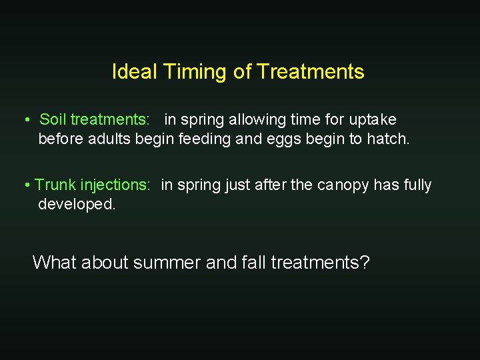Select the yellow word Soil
(x=53, y=120)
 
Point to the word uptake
(x=371, y=120)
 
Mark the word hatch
(x=389, y=140)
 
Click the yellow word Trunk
(x=55, y=185)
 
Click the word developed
(x=77, y=205)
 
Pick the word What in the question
(x=55, y=263)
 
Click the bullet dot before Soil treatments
(x=26, y=121)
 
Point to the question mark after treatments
(x=365, y=263)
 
